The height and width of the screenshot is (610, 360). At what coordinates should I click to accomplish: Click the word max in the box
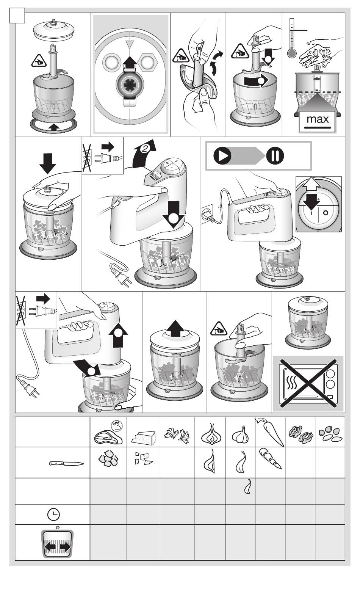tap(318, 119)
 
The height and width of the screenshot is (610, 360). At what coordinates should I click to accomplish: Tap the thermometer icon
tap(291, 38)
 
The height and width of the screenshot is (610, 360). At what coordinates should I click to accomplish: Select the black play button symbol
tap(222, 156)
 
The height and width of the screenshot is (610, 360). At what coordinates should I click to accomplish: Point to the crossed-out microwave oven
tap(308, 384)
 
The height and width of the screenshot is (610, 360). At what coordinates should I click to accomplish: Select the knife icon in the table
tap(66, 463)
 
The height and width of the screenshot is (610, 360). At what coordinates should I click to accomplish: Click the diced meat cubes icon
tap(108, 460)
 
